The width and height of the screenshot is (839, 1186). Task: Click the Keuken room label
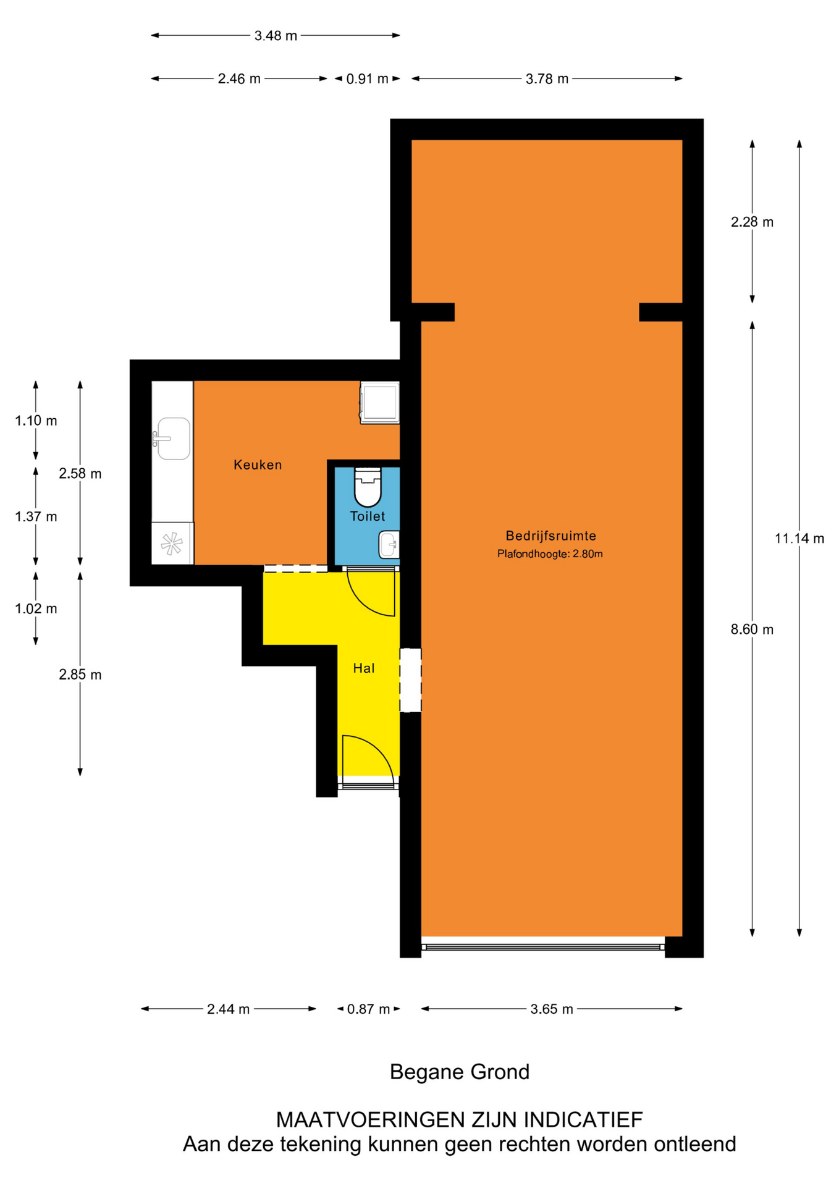click(x=258, y=465)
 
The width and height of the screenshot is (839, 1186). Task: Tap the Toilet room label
click(x=368, y=516)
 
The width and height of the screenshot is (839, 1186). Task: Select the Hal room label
click(x=364, y=668)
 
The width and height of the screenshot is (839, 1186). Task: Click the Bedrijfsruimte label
click(x=550, y=536)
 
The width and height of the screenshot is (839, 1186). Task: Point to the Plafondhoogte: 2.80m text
click(x=550, y=554)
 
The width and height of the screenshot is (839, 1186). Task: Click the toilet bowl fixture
click(x=368, y=487)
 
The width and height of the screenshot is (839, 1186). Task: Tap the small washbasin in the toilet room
click(x=389, y=544)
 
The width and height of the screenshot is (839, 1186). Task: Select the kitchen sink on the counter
click(x=172, y=439)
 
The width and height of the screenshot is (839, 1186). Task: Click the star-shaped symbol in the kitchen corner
click(x=172, y=544)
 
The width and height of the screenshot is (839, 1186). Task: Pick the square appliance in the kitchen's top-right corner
click(x=380, y=403)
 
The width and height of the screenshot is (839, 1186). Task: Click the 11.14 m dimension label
click(x=799, y=539)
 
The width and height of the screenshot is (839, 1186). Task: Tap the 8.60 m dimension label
click(x=752, y=629)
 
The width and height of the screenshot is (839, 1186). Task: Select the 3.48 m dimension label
click(x=276, y=36)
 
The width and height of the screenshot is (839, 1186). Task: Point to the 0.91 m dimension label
click(x=367, y=79)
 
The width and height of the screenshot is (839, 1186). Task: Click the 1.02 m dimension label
click(x=36, y=608)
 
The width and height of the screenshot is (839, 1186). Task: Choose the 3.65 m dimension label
click(x=552, y=1009)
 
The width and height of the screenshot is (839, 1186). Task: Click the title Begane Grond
click(x=460, y=1072)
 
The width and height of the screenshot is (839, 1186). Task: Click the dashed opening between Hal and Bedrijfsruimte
click(x=410, y=680)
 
